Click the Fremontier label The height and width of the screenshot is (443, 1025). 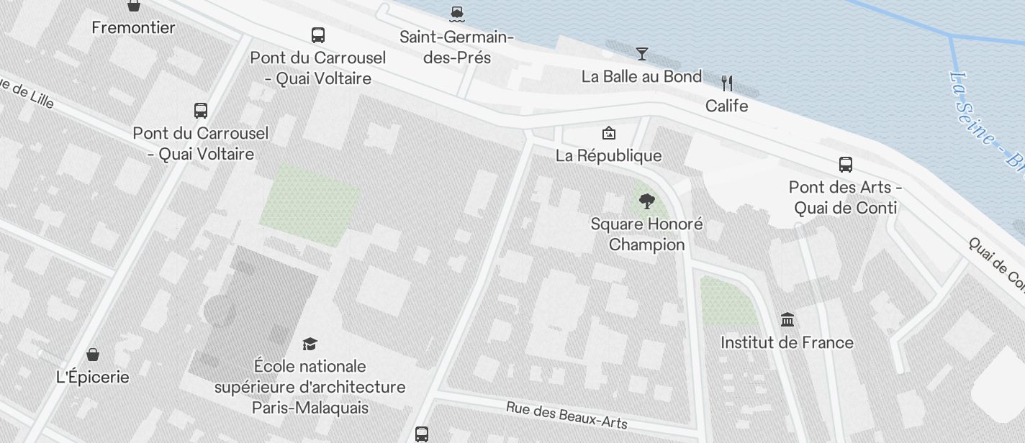click(x=134, y=28)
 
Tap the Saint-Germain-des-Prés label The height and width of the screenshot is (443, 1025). click(x=456, y=47)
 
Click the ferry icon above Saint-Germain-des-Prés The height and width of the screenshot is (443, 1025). click(x=456, y=12)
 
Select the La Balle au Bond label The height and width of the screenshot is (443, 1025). click(x=641, y=76)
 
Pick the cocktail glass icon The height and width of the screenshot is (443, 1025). click(x=641, y=53)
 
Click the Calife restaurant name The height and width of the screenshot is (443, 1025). click(x=726, y=106)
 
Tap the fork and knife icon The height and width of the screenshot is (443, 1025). click(x=727, y=83)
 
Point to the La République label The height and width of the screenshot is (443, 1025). click(x=608, y=155)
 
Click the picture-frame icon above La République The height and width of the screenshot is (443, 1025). click(x=608, y=133)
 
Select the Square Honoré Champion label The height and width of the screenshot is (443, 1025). click(x=646, y=234)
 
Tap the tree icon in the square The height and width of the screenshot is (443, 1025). click(x=646, y=201)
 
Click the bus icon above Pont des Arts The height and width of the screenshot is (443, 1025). click(x=846, y=165)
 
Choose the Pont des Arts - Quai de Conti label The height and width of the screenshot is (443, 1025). click(x=846, y=198)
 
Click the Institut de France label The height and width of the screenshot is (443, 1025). click(x=787, y=342)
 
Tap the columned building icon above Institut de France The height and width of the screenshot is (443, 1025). click(x=787, y=319)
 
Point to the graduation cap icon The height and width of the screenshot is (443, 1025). click(x=310, y=344)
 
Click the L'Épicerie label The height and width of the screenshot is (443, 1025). click(x=93, y=377)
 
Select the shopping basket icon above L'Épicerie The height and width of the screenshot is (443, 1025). click(x=93, y=354)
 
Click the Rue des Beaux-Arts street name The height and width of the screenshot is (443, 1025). click(x=566, y=415)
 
